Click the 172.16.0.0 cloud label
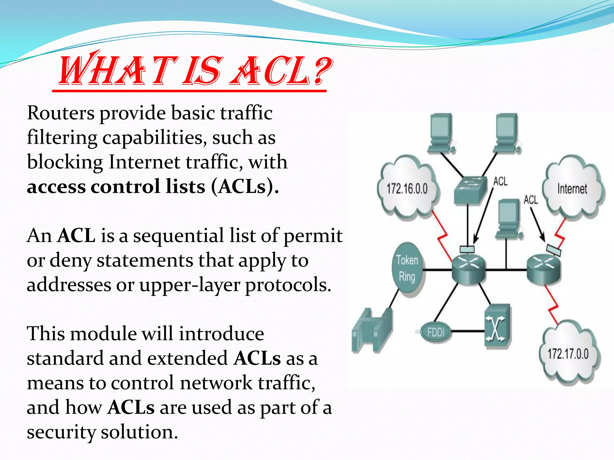click(x=407, y=189)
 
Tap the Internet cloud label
click(x=572, y=189)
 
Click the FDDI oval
click(x=436, y=332)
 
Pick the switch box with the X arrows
click(x=497, y=326)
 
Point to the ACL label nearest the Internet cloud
click(x=530, y=199)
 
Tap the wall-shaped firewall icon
click(x=372, y=329)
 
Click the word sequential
click(x=178, y=235)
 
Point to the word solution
click(x=139, y=432)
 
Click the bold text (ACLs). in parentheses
click(x=245, y=187)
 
